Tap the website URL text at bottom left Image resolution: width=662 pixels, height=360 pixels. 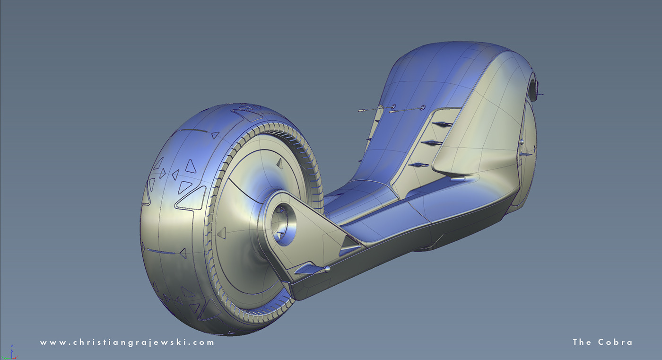click(127, 342)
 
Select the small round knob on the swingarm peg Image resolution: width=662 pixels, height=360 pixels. click(327, 270)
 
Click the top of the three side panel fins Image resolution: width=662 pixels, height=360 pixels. click(444, 124)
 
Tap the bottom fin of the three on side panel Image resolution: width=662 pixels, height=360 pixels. click(420, 165)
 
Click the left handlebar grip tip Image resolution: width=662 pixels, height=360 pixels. click(361, 111)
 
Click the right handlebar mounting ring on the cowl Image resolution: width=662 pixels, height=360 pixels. click(422, 107)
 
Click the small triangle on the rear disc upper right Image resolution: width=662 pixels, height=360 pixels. click(279, 164)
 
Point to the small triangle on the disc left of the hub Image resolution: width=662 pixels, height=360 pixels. click(222, 232)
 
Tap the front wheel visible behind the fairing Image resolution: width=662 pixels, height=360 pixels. click(530, 156)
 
